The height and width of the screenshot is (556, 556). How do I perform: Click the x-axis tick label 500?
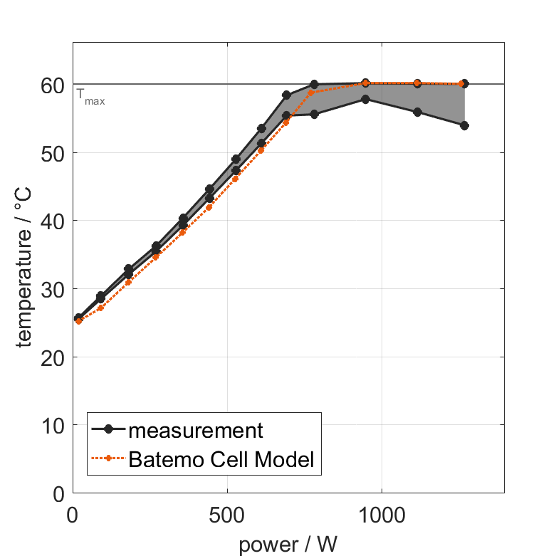(x=227, y=514)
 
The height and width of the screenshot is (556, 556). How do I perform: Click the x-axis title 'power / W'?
(x=288, y=545)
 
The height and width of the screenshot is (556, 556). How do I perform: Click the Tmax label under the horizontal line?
(x=90, y=98)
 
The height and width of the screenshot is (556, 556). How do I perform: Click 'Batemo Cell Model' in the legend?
(x=221, y=459)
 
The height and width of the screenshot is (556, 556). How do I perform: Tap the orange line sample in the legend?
(x=108, y=459)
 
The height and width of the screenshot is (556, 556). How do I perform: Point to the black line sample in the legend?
(x=108, y=429)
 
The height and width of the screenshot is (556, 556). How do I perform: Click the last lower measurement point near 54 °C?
(x=464, y=125)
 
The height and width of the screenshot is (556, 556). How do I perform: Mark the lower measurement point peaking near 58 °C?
(x=365, y=100)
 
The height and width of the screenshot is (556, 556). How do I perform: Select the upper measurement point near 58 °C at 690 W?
(x=286, y=95)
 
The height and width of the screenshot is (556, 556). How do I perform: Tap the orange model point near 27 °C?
(x=100, y=308)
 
